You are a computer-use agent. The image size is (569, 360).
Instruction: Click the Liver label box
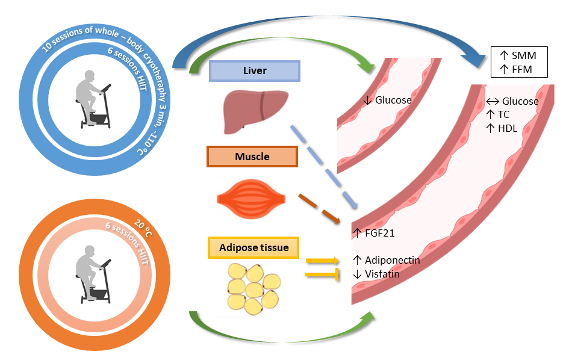coord(253,71)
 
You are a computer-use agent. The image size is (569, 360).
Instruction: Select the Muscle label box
coord(252,157)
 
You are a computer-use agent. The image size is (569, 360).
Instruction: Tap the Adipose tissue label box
coord(253,247)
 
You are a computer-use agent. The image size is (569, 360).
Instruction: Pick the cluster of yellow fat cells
coord(254,286)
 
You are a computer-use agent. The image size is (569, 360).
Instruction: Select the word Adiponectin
coord(392,261)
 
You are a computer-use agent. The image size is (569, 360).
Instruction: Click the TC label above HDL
coord(503,114)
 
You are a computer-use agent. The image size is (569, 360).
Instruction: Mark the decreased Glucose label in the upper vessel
coord(392,101)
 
